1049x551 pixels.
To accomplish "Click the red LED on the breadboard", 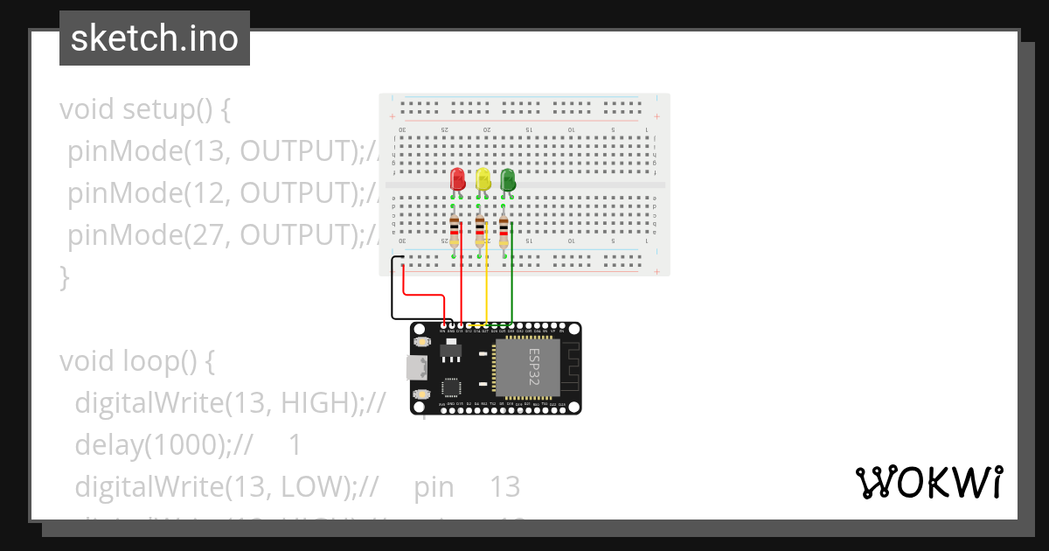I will pyautogui.click(x=457, y=180).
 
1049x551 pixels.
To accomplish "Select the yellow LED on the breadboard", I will pyautogui.click(x=483, y=180).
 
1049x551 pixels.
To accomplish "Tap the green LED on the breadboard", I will pyautogui.click(x=508, y=180).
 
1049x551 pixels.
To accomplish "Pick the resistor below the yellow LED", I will pyautogui.click(x=480, y=231).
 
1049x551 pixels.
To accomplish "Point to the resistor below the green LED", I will pyautogui.click(x=504, y=231).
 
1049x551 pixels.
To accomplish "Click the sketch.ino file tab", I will pyautogui.click(x=155, y=38).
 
